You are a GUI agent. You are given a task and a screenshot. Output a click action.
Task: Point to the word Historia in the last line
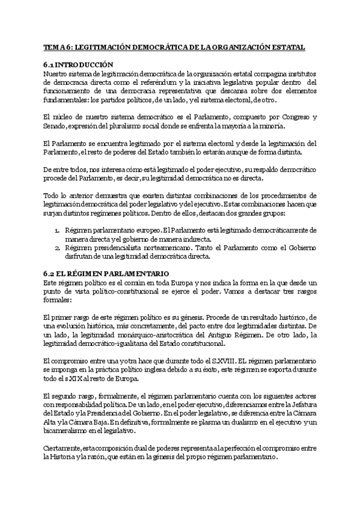pyautogui.click(x=67, y=457)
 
